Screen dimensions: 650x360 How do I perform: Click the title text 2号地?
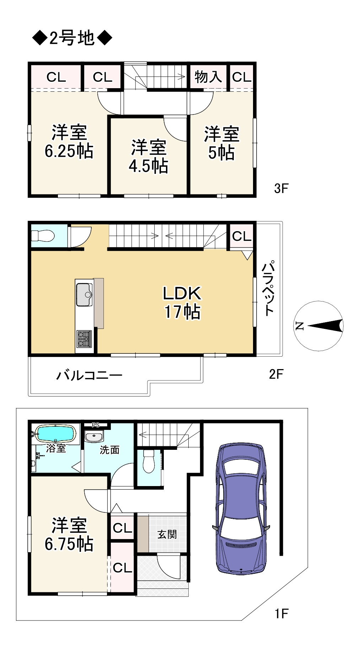[72, 38]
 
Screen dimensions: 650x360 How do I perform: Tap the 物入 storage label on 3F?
[208, 76]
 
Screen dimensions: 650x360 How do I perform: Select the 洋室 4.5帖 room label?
[149, 156]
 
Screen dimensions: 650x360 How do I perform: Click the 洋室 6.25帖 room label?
[69, 142]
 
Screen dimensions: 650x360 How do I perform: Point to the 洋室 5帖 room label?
[221, 143]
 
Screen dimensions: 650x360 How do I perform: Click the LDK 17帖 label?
[182, 302]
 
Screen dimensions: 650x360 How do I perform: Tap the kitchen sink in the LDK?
[84, 294]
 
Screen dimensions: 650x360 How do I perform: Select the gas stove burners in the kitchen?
[84, 339]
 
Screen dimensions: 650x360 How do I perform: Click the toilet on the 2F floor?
[42, 236]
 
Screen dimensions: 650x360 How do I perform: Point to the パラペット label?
[269, 288]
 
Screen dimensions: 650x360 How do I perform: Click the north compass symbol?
[319, 326]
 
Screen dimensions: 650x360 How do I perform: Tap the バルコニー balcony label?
[89, 375]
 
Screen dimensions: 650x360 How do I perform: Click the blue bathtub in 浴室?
[55, 433]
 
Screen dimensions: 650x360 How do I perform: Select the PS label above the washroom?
[95, 425]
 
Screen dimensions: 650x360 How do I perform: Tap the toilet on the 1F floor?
[149, 462]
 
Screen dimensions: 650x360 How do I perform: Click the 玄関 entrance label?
[167, 534]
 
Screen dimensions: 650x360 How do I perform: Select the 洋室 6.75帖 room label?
[69, 534]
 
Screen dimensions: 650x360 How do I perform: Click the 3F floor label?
[281, 188]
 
